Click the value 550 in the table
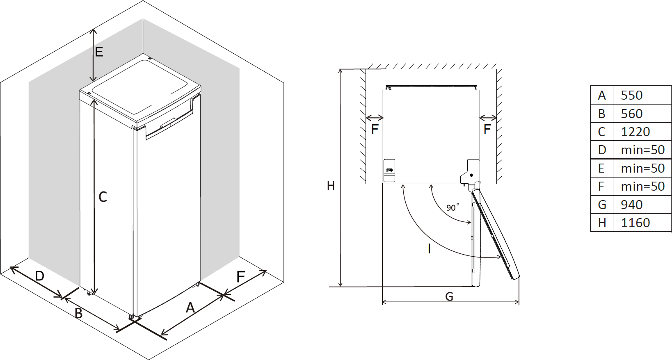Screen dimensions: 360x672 631,95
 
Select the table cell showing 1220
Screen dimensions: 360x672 635,132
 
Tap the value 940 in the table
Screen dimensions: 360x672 631,204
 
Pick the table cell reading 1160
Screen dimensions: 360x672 635,223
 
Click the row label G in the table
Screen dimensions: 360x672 602,204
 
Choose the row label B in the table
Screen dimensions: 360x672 602,114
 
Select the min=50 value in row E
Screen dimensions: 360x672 642,168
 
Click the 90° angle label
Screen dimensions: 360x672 452,207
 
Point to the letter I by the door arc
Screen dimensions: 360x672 429,248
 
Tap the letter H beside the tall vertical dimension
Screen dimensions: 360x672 331,186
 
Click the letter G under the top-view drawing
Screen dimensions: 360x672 449,296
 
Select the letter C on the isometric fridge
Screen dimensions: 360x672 103,197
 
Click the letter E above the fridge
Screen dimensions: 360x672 99,52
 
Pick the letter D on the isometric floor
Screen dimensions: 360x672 39,276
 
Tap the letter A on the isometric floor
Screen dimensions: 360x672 190,308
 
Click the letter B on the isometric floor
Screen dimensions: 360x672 78,313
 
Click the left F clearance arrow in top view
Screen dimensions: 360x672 374,118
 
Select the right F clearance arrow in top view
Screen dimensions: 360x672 488,118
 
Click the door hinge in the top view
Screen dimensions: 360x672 471,175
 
